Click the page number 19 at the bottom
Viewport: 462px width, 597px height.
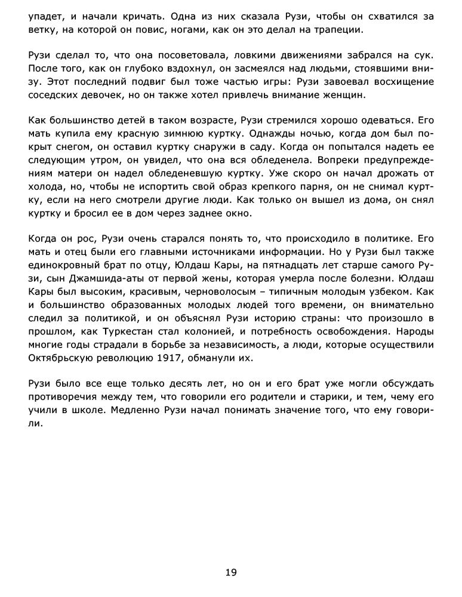[231, 573]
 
